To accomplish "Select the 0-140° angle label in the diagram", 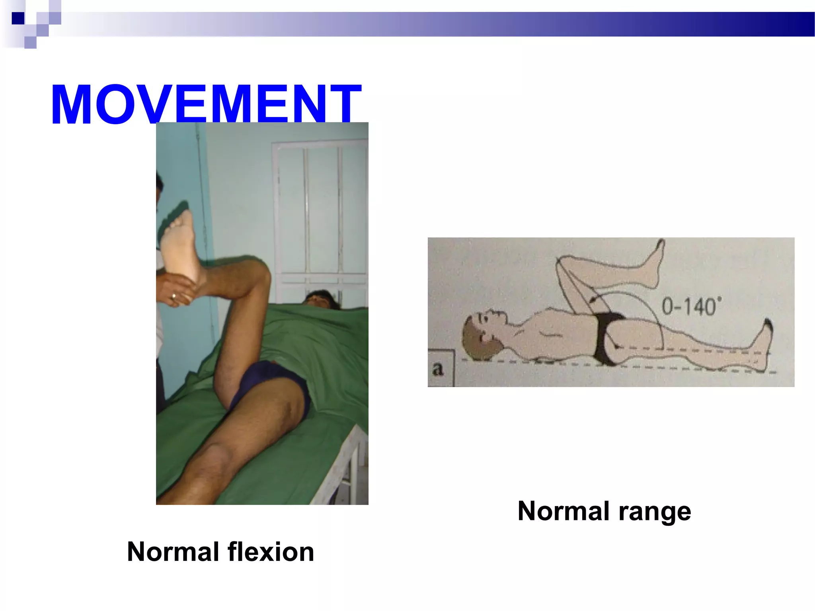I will pyautogui.click(x=691, y=307).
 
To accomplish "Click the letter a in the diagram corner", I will pyautogui.click(x=438, y=369).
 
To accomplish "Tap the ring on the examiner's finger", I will pyautogui.click(x=174, y=296).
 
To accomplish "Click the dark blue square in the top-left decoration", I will pyautogui.click(x=18, y=18).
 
